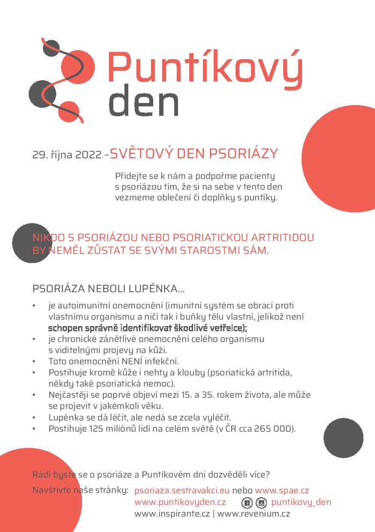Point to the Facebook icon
[x=247, y=503]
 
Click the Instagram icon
[x=261, y=503]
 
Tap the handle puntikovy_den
[x=301, y=502]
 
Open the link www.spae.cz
[x=282, y=490]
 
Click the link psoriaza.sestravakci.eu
[x=182, y=490]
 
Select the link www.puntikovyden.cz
[x=180, y=502]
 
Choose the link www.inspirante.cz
[x=172, y=513]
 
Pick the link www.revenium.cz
[x=254, y=513]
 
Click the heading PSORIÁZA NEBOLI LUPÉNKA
[x=109, y=289]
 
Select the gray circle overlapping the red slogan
[x=32, y=243]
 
